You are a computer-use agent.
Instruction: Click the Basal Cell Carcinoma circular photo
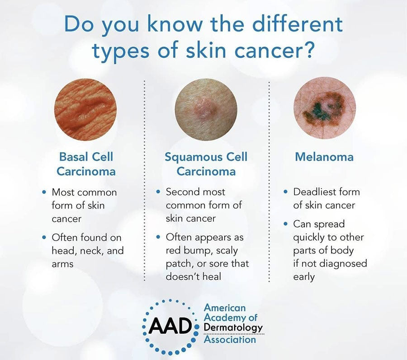[85, 110]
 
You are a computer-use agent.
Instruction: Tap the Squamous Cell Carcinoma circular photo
[206, 110]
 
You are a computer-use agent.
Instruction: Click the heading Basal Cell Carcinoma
[87, 164]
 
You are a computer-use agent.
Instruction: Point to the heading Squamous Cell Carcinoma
[206, 164]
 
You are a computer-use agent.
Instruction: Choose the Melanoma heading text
[324, 157]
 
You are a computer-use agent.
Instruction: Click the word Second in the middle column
[183, 192]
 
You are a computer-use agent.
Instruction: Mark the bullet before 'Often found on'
[44, 237]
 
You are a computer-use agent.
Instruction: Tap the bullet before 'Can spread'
[285, 224]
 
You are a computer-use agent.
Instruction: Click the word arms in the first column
[62, 263]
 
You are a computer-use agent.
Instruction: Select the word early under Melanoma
[303, 276]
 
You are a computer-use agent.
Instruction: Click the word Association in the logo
[230, 339]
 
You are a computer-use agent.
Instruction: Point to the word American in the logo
[225, 308]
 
